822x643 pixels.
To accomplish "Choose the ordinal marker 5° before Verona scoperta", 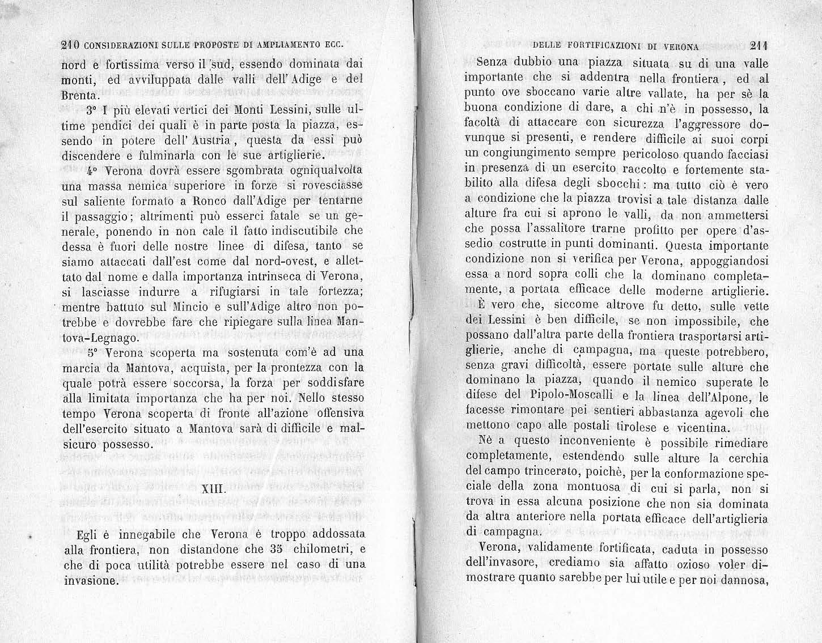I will point(94,352).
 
